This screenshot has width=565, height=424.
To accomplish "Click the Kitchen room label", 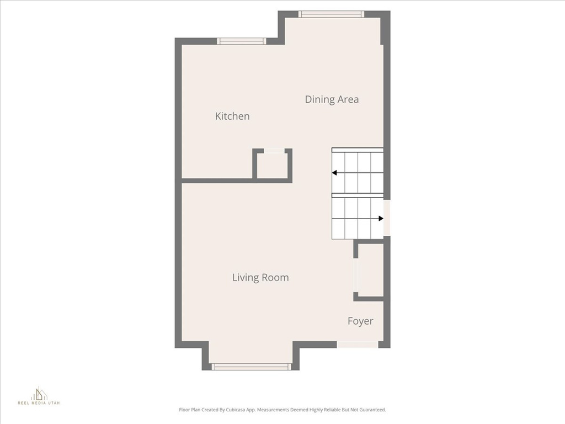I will [x=232, y=116].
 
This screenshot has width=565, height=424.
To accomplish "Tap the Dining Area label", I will [x=332, y=99].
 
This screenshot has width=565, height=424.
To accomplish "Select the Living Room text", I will [x=260, y=277].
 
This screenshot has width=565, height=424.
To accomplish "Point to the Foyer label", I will [x=360, y=321].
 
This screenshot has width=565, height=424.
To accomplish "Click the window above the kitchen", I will [x=241, y=41].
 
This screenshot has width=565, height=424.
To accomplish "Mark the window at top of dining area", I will [x=331, y=14].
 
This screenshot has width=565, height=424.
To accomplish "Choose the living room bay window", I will [x=251, y=367].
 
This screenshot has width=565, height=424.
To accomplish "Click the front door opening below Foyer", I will [x=358, y=344].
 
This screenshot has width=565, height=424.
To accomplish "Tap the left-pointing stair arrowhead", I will [x=334, y=173].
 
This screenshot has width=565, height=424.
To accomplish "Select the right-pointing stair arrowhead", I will [x=381, y=219].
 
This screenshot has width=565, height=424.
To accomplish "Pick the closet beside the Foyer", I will [x=370, y=270].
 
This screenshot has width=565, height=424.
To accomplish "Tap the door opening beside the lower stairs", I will [x=387, y=218].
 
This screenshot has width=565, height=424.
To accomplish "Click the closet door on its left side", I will [x=356, y=275].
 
